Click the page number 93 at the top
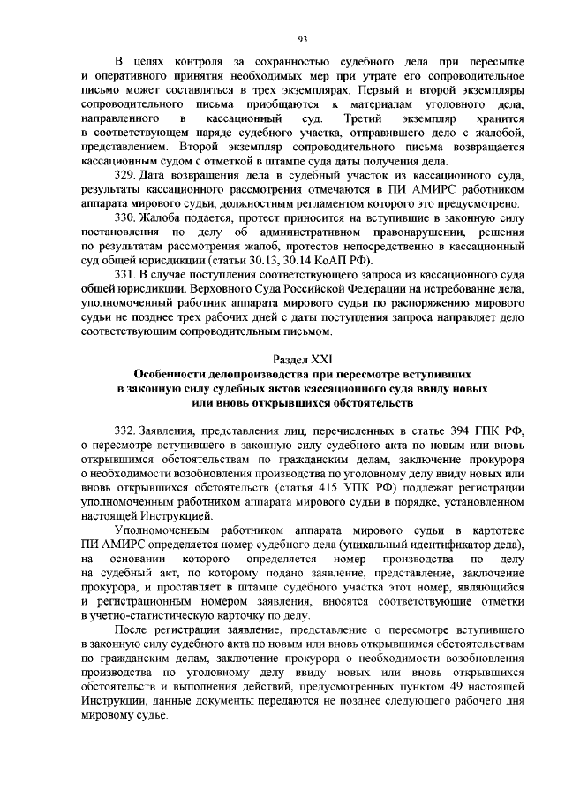point(302,37)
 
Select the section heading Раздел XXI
point(302,359)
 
